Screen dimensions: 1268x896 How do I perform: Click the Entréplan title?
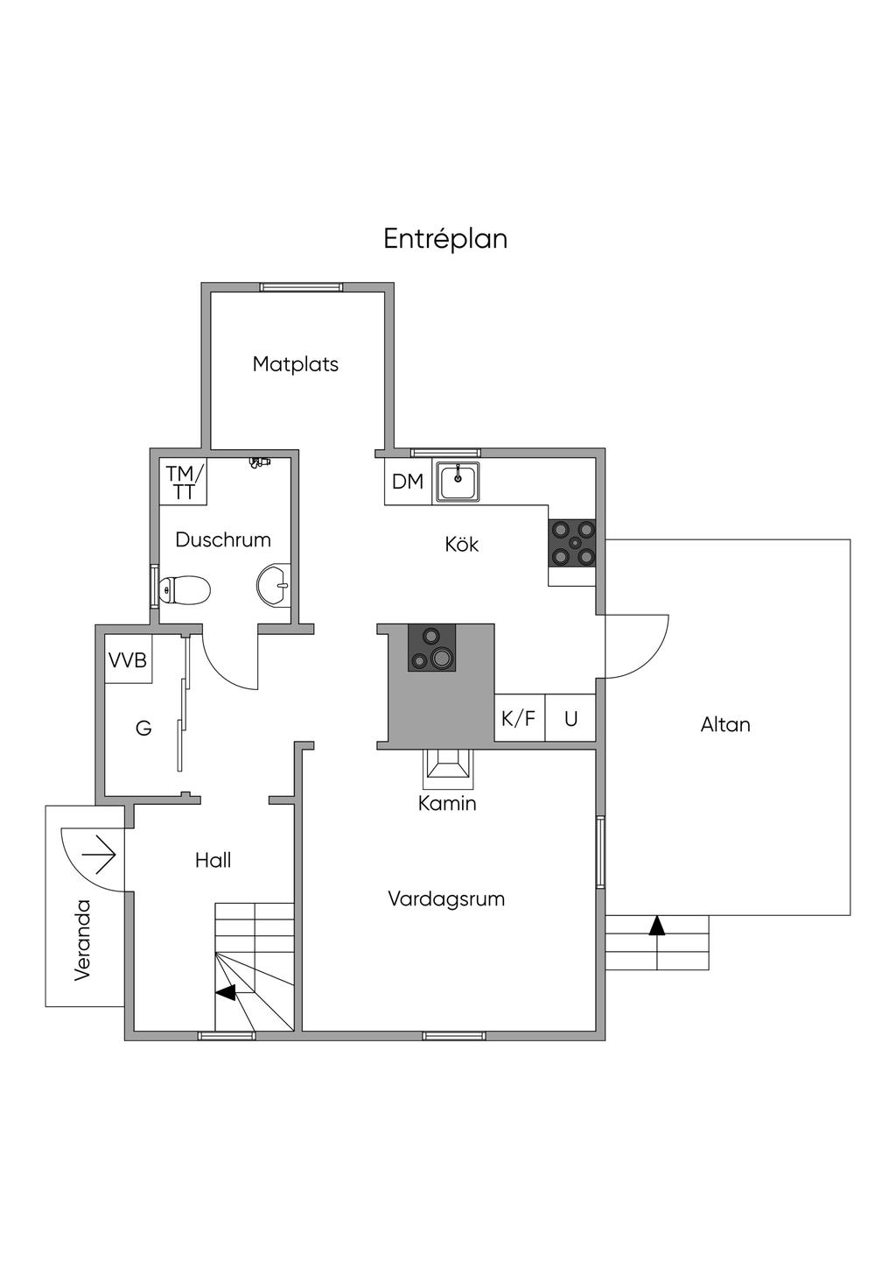click(445, 239)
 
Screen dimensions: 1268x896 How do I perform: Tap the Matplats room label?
click(295, 364)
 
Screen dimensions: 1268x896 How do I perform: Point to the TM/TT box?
click(184, 483)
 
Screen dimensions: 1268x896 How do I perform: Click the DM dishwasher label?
click(408, 482)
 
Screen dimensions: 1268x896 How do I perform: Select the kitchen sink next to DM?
click(458, 482)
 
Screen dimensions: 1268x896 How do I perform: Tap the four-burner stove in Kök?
click(574, 543)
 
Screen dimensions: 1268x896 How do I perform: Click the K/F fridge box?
click(519, 719)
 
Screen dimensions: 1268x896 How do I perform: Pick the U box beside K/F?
click(571, 719)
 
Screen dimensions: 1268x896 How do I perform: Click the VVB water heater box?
click(128, 660)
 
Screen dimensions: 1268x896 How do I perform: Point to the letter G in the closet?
click(143, 728)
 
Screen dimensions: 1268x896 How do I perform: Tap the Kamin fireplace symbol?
click(447, 767)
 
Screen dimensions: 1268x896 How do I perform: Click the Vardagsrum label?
click(446, 898)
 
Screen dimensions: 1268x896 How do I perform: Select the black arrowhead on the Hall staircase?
click(226, 992)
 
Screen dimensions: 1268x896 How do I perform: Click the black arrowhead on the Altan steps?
click(656, 926)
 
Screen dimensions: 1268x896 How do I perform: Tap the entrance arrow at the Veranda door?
click(100, 854)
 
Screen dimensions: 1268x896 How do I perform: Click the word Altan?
click(725, 725)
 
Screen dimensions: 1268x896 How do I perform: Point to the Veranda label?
click(83, 940)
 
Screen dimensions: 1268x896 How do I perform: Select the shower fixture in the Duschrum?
click(260, 461)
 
